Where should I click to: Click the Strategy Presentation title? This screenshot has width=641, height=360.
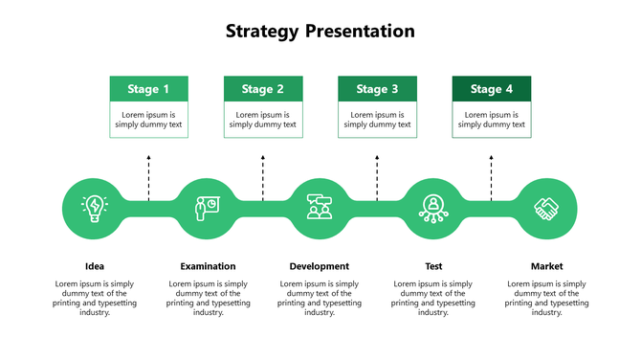[x=320, y=32]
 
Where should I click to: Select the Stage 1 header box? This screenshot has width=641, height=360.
[x=148, y=89]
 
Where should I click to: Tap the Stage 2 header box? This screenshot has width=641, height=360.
[x=263, y=89]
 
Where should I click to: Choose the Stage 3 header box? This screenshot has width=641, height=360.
[x=377, y=89]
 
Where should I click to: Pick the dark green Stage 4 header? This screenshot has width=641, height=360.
[x=491, y=89]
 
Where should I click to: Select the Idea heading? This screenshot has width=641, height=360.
[x=94, y=266]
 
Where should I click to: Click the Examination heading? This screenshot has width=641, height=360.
[x=208, y=266]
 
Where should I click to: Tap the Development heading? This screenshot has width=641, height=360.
[x=320, y=266]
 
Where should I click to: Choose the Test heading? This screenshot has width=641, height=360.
[x=433, y=266]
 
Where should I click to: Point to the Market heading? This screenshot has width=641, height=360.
[x=547, y=266]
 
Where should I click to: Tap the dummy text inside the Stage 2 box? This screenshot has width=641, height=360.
[x=263, y=120]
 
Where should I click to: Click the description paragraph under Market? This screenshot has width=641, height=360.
[x=547, y=298]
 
